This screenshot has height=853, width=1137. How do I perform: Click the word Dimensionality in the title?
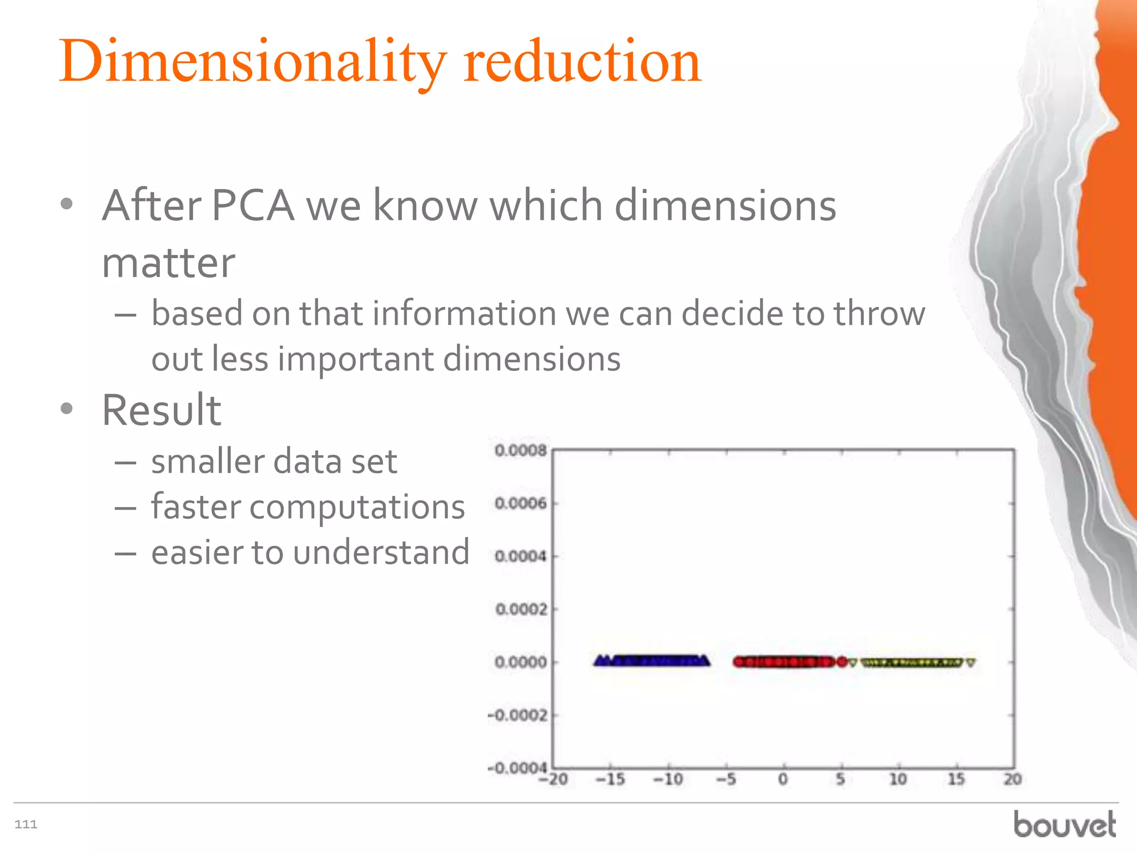point(253,62)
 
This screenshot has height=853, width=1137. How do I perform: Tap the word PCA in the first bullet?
point(253,205)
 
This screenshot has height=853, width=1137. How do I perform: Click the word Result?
point(162,410)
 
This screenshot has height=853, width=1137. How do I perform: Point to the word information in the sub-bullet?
point(464,313)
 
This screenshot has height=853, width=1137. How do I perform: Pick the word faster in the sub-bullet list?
point(195,506)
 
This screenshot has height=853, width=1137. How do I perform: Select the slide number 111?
point(26,824)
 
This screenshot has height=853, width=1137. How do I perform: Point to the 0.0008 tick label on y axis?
point(520,450)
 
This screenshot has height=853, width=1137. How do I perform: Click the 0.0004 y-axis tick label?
point(520,556)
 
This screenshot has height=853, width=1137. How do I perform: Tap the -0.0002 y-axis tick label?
point(517,715)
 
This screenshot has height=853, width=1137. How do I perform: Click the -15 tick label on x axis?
point(610,780)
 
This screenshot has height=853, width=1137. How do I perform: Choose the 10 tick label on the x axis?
point(898,780)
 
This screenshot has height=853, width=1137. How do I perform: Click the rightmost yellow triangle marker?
point(970,662)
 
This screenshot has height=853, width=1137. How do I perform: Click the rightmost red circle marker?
point(842,661)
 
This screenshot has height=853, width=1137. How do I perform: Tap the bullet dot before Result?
point(67,409)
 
